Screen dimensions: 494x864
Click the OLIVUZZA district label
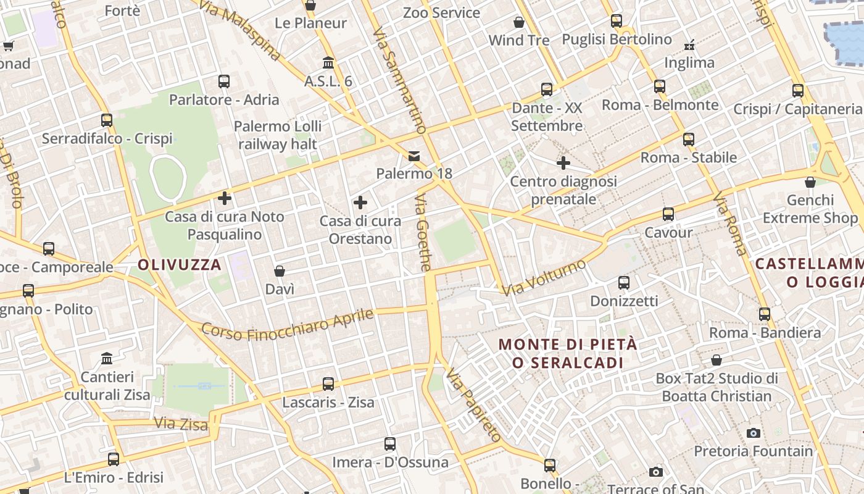point(179,265)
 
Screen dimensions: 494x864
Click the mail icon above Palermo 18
point(414,156)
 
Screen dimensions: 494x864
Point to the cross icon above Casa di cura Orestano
point(360,203)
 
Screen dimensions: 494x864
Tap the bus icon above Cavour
point(668,214)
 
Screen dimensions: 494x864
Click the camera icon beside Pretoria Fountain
point(753,433)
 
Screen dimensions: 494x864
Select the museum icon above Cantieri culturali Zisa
point(107,358)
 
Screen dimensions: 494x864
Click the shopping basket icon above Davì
point(280,271)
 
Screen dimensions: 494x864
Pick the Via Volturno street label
point(544,278)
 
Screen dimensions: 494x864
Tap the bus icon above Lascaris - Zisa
point(328,383)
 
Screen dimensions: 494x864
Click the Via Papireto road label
point(473,405)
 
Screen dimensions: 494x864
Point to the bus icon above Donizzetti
point(624,283)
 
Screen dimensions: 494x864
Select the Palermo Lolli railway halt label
point(278,135)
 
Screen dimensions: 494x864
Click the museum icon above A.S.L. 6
point(328,63)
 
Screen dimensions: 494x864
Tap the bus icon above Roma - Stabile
point(689,139)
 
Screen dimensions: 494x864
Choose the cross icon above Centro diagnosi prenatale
point(563,163)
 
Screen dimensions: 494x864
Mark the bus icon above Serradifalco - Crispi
point(107,120)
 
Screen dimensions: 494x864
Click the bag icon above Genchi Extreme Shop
point(810,182)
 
